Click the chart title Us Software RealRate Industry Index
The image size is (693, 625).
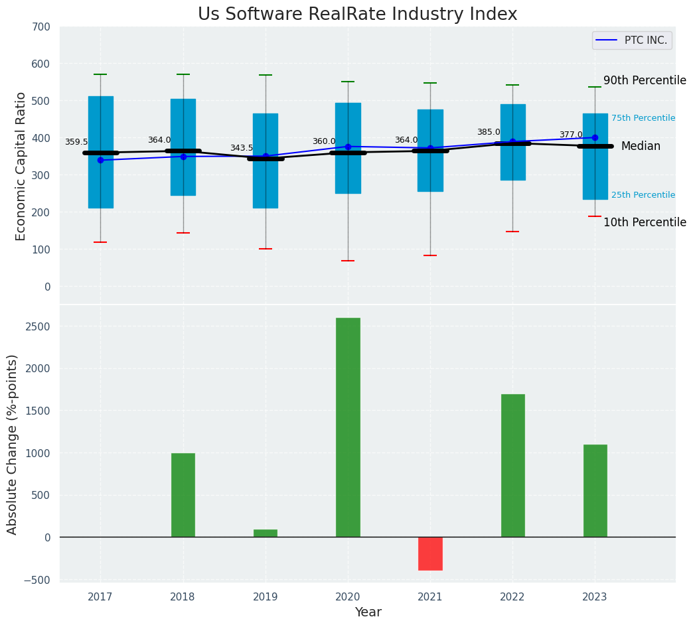point(357,15)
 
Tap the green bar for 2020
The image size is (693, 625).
point(348,427)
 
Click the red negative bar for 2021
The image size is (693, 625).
point(430,553)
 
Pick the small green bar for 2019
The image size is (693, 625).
point(266,533)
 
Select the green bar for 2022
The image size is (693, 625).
point(512,465)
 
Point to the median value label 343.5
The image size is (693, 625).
point(242,148)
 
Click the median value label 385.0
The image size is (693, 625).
point(489,132)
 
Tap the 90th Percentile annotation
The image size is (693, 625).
point(645,80)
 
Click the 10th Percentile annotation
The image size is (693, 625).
point(645,222)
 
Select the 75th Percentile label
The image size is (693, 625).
point(643,118)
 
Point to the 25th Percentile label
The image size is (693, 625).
point(643,195)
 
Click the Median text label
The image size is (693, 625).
point(641,146)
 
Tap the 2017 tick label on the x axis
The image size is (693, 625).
point(100,597)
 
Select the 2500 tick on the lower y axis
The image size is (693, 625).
point(38,326)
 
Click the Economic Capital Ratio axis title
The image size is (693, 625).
point(21,166)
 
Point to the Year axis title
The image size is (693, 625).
point(368,612)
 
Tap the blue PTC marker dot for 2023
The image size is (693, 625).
point(595,138)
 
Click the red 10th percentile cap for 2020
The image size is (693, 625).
point(348,261)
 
